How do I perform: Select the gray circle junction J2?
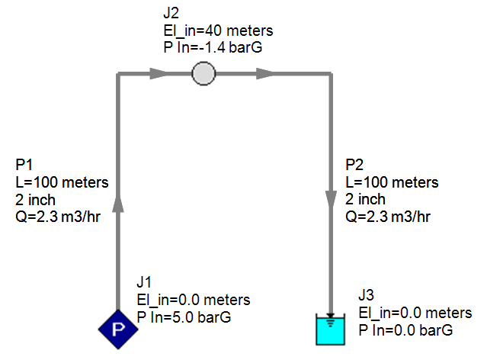(203, 74)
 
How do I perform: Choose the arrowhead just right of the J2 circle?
(265, 74)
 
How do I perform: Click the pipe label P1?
(24, 166)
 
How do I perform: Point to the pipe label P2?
(354, 166)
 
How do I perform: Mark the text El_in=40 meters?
(213, 31)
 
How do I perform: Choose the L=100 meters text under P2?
(392, 183)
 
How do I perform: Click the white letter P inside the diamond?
(117, 329)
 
